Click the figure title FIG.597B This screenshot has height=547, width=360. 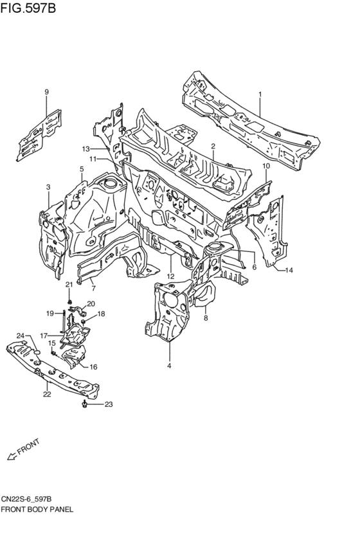point(28,8)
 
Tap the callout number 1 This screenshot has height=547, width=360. point(260,94)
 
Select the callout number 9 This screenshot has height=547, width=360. point(46,92)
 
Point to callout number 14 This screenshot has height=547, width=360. point(289,270)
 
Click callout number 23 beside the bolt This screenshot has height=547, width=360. point(109,404)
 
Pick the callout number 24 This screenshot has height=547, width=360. point(21,336)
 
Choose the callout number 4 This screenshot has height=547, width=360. point(169,366)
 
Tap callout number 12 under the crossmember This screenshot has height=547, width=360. point(170,276)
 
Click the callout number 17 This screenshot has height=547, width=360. point(44,336)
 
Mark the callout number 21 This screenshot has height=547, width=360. point(69,285)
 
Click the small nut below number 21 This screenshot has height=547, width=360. point(70,301)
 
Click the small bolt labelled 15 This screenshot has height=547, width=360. point(54,354)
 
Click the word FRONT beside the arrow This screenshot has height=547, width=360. point(28,447)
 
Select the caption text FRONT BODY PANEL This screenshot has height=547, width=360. point(37,509)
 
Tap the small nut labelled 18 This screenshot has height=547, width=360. point(84,321)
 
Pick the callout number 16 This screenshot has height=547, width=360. point(93,366)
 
